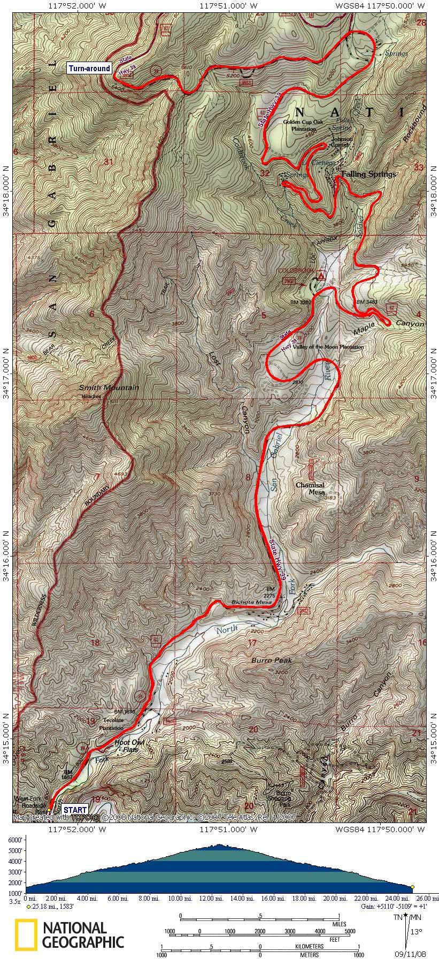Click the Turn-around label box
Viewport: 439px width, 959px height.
89,68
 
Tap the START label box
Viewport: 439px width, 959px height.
74,810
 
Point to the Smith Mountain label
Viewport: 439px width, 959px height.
109,387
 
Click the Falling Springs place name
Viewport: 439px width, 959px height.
369,174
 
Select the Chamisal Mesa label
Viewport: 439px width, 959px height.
310,489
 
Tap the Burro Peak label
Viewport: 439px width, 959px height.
272,660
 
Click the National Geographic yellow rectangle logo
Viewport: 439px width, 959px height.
26,934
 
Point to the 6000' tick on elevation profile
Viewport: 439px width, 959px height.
15,840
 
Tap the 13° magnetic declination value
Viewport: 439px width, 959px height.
416,932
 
